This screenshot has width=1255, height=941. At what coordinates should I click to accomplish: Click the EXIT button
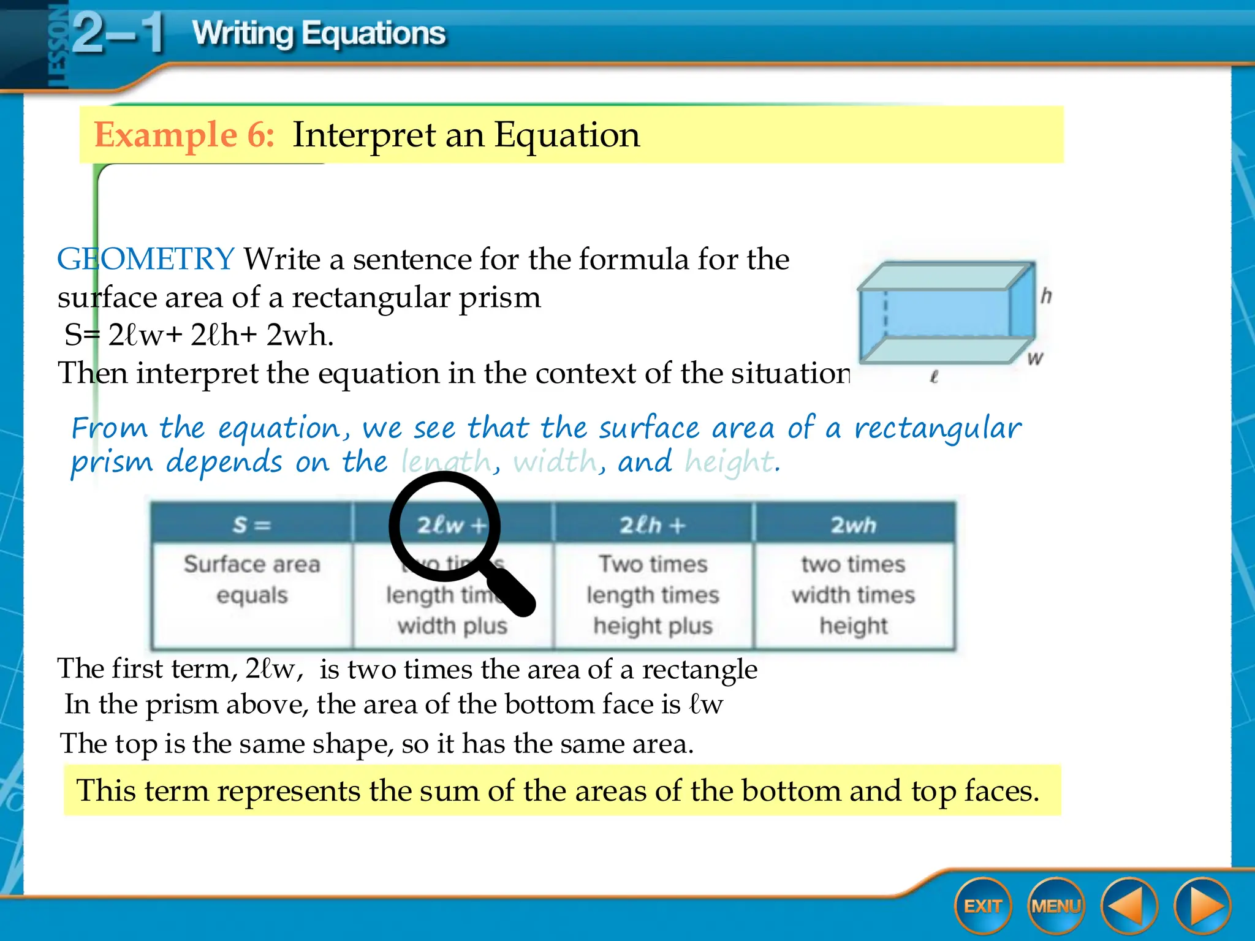982,906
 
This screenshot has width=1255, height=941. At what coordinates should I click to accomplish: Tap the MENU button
1056,906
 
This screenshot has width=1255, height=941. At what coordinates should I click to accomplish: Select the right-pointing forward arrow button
1202,906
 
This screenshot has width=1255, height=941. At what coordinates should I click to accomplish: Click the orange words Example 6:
184,135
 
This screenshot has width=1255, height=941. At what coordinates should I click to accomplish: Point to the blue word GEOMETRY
145,259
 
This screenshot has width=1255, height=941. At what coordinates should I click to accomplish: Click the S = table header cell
251,524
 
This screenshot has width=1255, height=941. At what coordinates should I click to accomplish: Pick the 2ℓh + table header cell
653,524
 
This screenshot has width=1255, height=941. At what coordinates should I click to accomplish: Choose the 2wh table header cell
854,524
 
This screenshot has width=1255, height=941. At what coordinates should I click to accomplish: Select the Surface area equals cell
251,580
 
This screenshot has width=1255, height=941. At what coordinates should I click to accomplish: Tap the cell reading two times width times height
854,595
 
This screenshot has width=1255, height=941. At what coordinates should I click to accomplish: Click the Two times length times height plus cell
653,595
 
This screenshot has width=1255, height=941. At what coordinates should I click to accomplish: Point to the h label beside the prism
1046,296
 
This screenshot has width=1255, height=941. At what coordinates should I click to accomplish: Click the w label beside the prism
1035,358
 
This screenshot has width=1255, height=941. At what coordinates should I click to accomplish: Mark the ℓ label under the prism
933,377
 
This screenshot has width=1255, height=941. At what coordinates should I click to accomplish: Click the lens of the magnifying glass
445,526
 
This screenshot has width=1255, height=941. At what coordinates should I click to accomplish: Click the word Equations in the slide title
374,33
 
